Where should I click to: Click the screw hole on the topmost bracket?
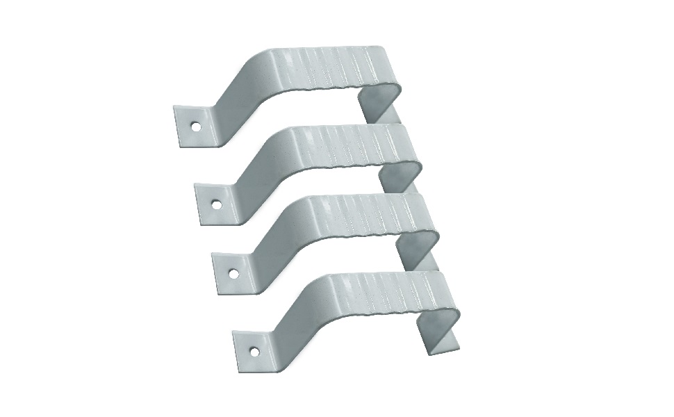pos(197,127)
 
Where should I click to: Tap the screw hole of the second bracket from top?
pos(217,205)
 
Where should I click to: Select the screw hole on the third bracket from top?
pos(234,274)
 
